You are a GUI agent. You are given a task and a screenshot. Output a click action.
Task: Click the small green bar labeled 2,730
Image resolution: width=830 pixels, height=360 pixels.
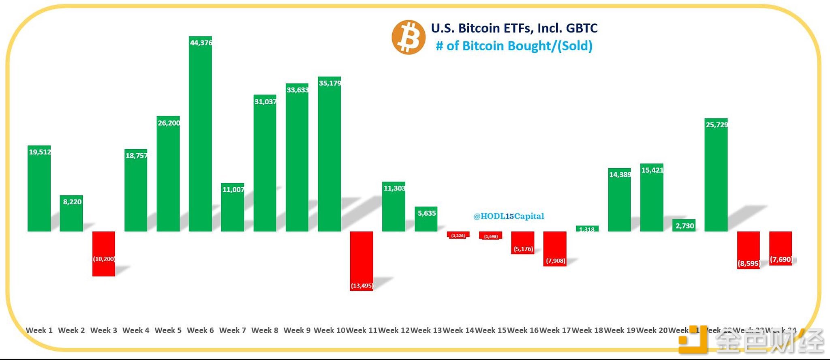pos(684,226)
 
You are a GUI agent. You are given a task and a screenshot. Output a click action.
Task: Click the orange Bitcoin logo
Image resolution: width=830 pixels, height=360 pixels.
pos(408,37)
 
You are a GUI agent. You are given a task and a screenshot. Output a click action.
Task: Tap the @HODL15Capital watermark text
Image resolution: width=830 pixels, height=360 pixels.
pos(509,216)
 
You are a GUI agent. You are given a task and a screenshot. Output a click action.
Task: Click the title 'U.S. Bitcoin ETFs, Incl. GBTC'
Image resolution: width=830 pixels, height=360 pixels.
pos(514,28)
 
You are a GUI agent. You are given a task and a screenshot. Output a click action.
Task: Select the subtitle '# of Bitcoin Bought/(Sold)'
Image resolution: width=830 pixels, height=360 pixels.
pos(514,46)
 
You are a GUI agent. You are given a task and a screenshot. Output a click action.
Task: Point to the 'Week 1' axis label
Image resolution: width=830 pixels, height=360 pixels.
pos(39,330)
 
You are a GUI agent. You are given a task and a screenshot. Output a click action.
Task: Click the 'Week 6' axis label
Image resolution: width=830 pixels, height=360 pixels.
pos(200,330)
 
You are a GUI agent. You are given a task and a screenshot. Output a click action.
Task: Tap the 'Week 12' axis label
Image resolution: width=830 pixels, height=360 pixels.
pos(394,330)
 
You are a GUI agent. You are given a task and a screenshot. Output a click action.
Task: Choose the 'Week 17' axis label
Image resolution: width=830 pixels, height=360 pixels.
pos(555,330)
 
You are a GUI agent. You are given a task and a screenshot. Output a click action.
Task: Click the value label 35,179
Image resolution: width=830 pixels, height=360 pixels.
pos(330,83)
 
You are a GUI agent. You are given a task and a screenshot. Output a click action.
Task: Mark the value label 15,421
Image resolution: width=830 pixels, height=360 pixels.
pos(652,170)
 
